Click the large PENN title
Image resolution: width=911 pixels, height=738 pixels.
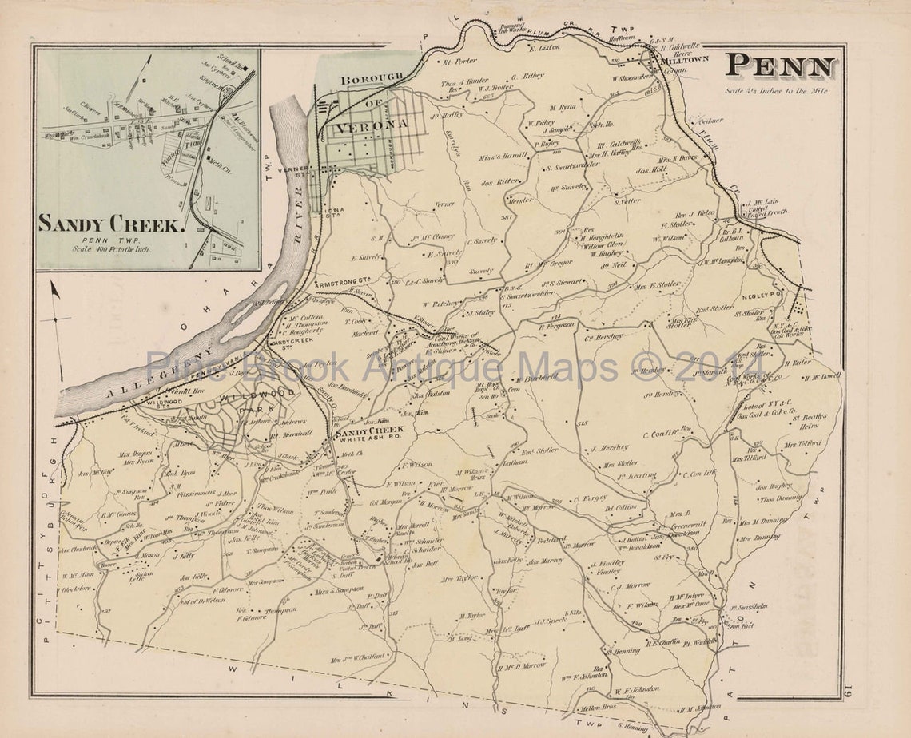click(782, 67)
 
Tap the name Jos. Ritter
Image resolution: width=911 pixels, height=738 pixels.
click(500, 181)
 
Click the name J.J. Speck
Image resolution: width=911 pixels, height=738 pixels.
click(551, 620)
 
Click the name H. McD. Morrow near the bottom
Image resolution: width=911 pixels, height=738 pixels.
click(522, 665)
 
